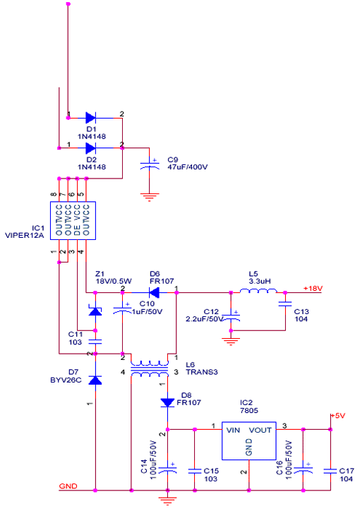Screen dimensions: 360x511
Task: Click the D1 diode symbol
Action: [x=90, y=118]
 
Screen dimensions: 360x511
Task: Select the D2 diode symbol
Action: [x=90, y=148]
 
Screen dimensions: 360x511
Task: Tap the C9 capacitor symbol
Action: [x=150, y=165]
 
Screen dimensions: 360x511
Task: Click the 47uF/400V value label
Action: [x=187, y=167]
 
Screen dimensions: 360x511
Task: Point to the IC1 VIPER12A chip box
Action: [x=73, y=221]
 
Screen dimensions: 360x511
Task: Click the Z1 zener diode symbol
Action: [x=95, y=311]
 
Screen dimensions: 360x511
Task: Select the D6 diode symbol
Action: [x=154, y=293]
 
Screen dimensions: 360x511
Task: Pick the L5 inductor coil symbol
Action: [x=258, y=291]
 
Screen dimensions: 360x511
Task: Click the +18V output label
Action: [x=313, y=289]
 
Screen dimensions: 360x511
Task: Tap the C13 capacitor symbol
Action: [x=285, y=304]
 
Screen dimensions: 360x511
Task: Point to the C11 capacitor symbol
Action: [x=95, y=342]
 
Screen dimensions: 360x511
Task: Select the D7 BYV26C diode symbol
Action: [x=95, y=380]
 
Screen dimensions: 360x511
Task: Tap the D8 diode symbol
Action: [x=167, y=402]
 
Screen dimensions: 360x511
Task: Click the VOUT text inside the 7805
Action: [x=260, y=430]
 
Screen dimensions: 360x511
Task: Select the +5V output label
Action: [x=338, y=416]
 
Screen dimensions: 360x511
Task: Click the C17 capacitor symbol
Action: [x=330, y=471]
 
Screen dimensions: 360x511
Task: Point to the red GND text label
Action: [x=68, y=486]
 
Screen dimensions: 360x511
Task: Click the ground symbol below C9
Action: [x=150, y=197]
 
